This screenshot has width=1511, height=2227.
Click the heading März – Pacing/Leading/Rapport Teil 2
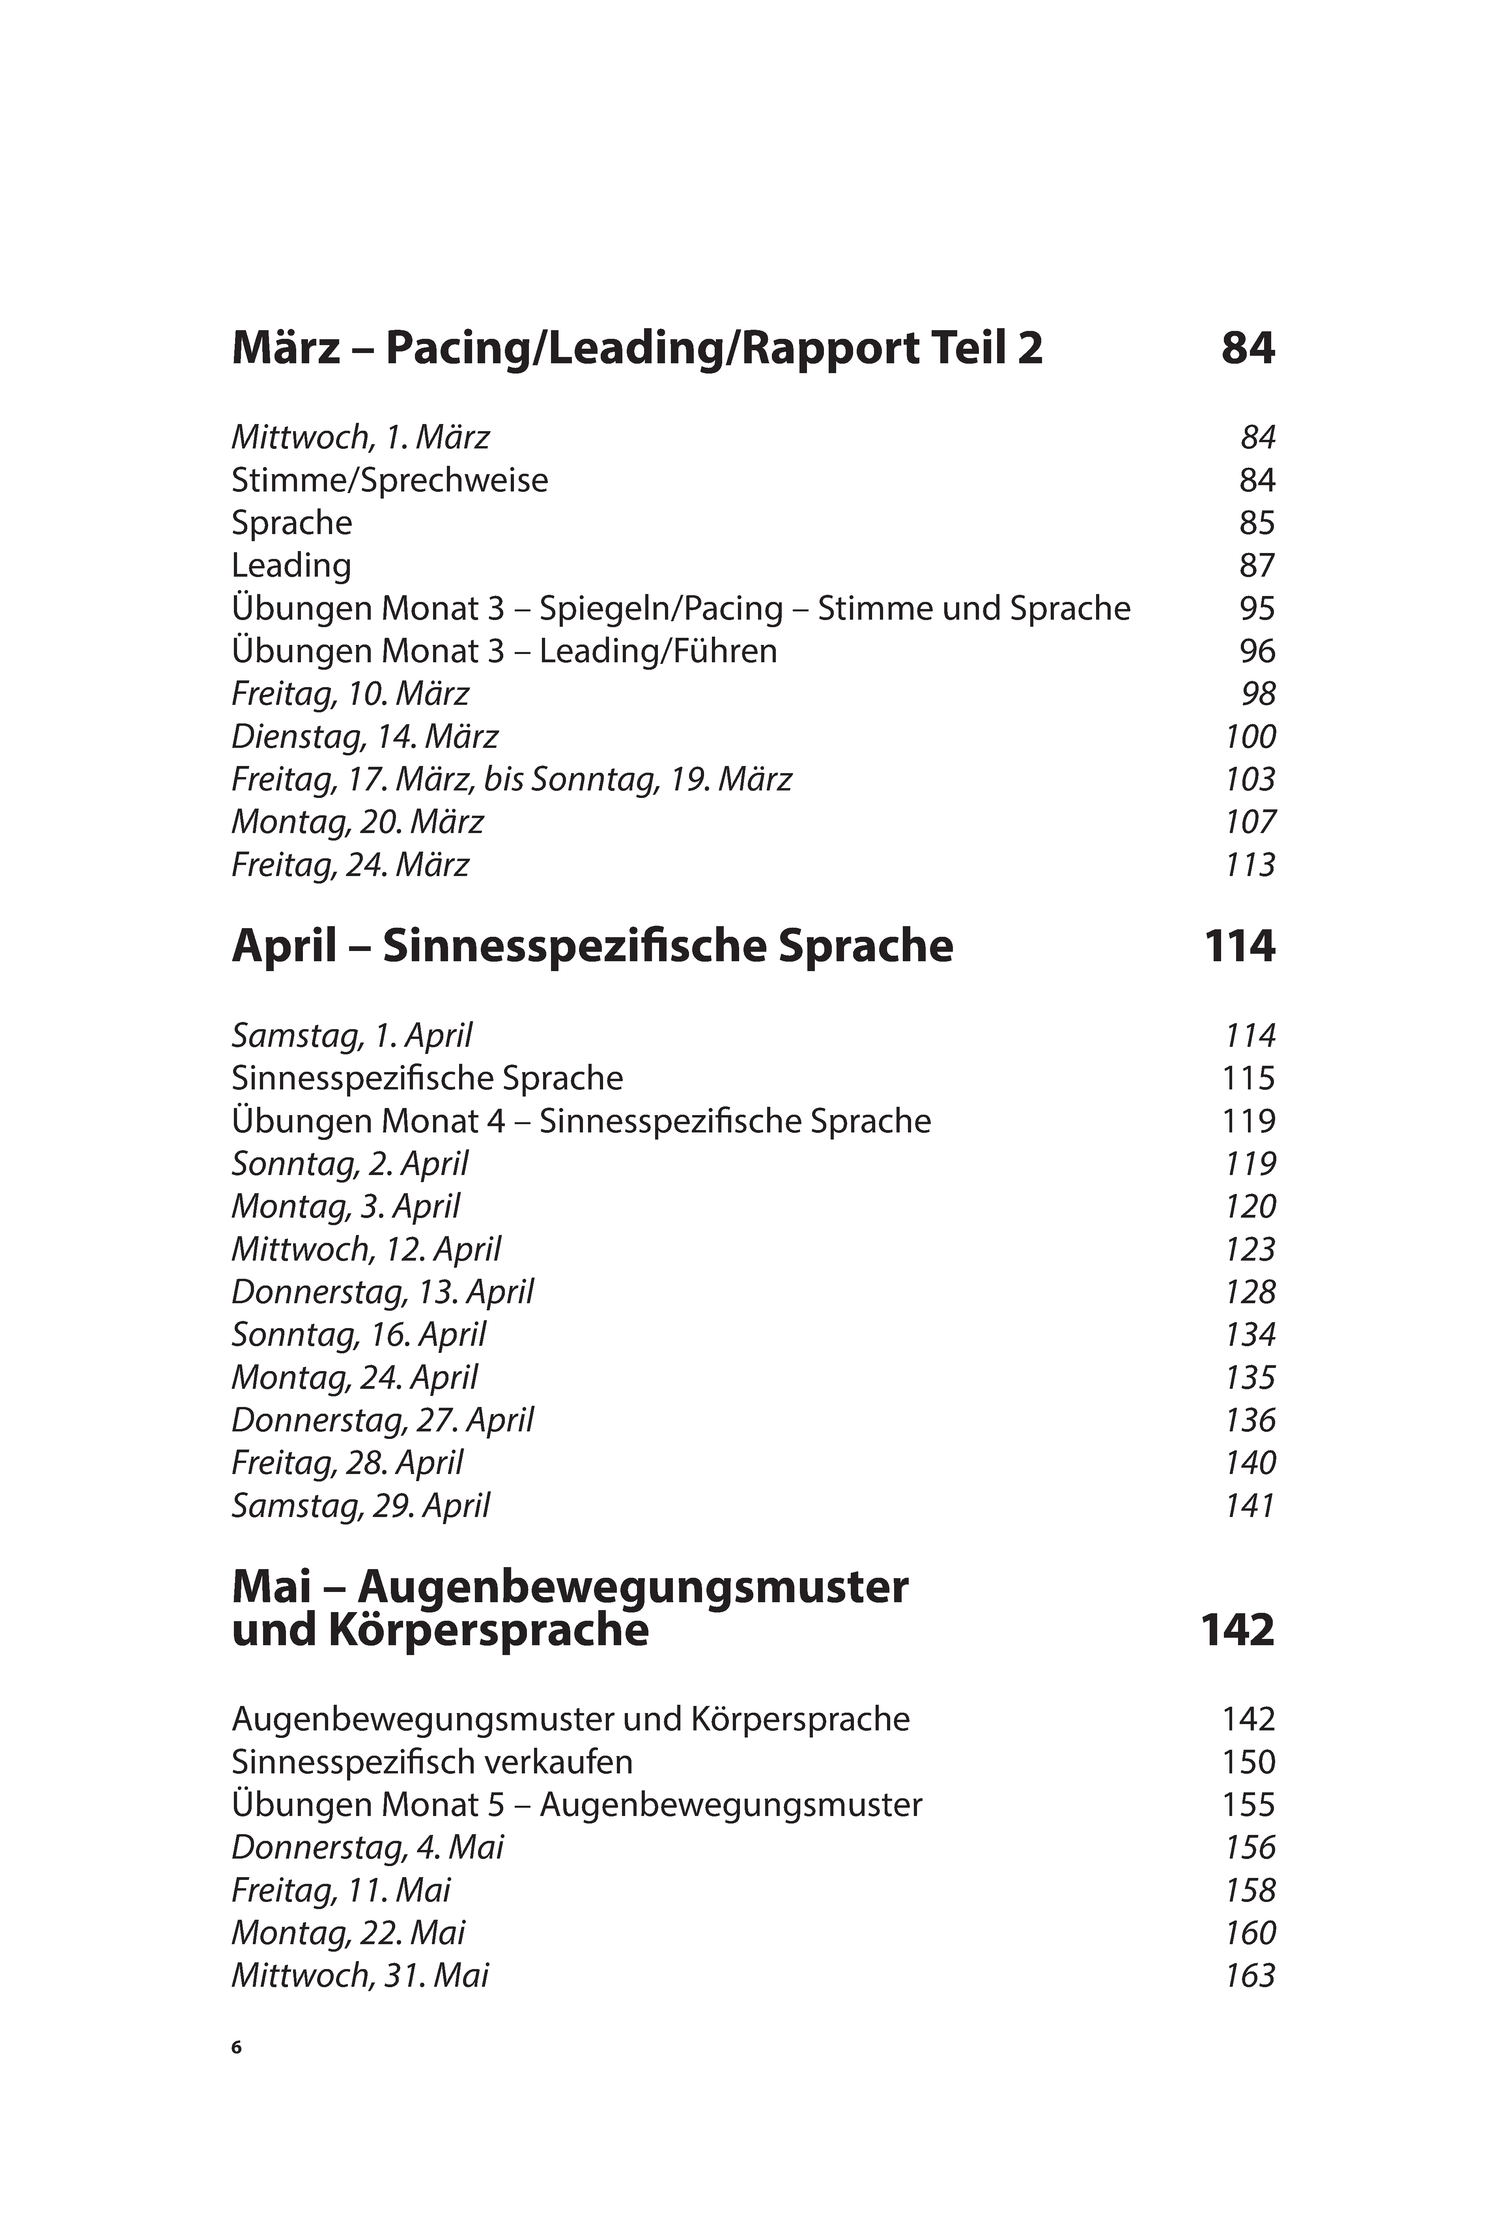point(637,348)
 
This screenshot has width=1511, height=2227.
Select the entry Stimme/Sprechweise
point(390,480)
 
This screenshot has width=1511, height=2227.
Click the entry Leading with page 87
point(291,565)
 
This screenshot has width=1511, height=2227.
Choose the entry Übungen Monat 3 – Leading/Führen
point(504,652)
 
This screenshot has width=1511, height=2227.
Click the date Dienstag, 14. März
point(365,737)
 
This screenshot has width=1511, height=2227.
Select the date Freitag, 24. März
point(351,865)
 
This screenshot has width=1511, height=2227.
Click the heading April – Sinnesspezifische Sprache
point(592,947)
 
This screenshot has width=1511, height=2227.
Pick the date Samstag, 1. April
point(352,1036)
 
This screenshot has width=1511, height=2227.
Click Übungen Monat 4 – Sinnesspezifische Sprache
point(581,1121)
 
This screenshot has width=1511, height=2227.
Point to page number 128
point(1250,1293)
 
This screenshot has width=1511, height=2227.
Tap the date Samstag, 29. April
point(360,1506)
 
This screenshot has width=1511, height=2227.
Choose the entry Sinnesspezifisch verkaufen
point(432,1762)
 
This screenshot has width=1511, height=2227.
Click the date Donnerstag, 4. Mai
point(367,1848)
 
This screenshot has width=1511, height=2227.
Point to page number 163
point(1250,1976)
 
